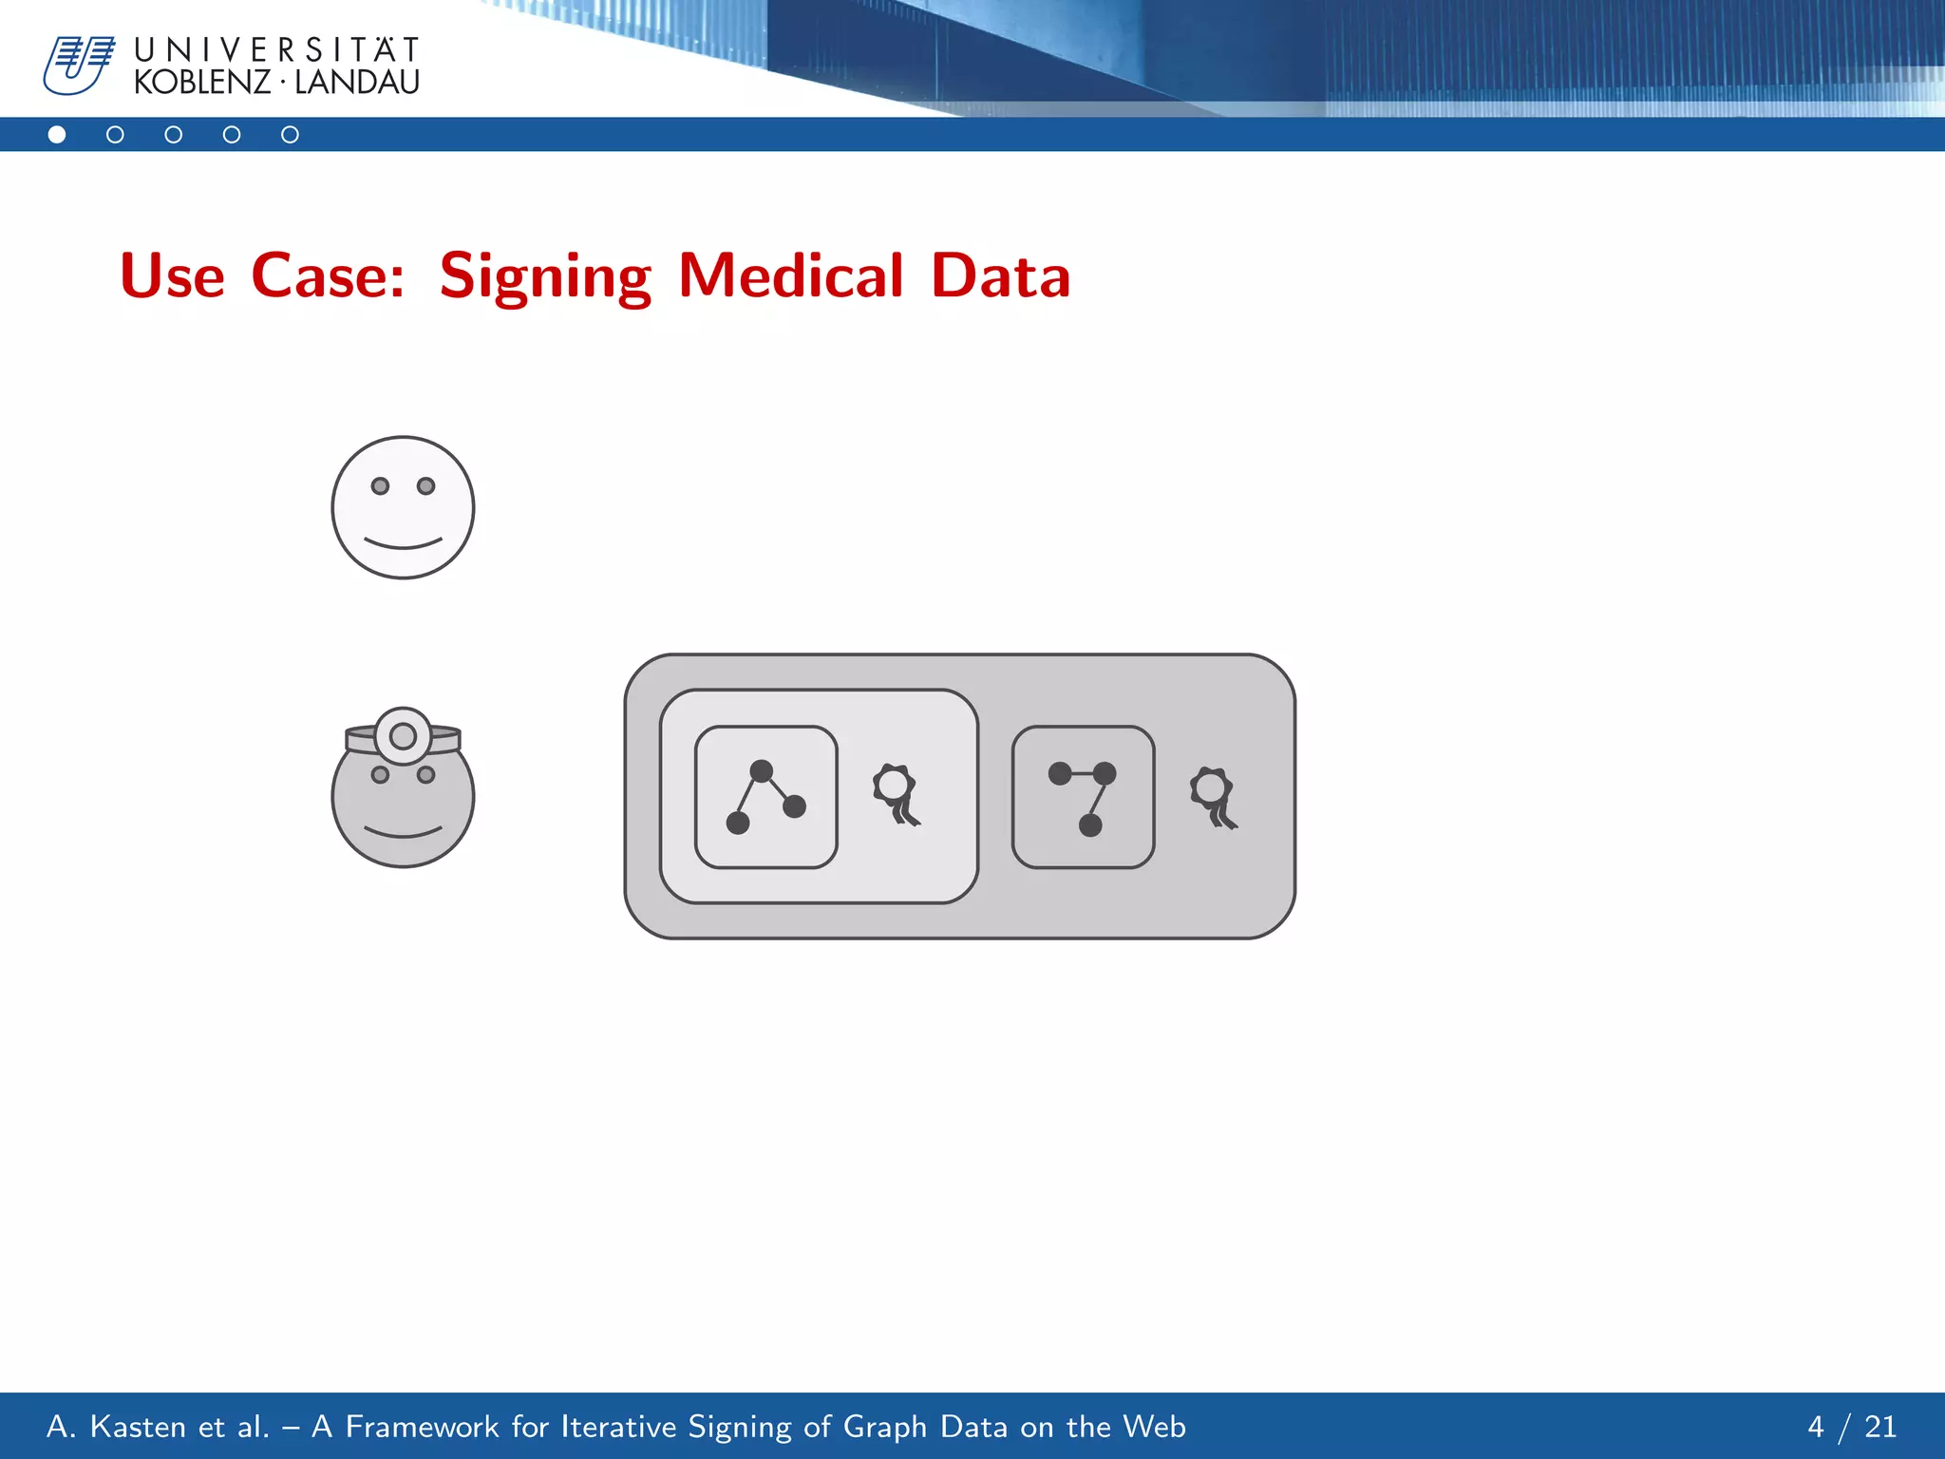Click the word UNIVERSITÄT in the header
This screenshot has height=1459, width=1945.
276,49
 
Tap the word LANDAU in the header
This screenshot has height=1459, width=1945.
357,83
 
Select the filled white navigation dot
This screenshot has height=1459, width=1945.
57,135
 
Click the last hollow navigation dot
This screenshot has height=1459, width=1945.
290,135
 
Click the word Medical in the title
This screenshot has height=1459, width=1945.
790,276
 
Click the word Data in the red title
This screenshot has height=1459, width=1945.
1000,276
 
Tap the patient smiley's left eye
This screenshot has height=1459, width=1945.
380,486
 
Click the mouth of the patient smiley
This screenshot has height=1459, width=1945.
403,544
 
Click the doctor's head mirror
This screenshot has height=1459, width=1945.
403,735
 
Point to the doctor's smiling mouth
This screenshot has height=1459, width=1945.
403,833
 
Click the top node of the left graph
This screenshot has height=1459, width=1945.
761,769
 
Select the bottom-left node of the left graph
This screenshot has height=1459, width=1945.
738,823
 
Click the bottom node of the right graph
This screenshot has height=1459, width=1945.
1090,824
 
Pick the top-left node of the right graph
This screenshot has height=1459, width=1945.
1060,773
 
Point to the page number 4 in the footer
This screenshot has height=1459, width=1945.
1815,1427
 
